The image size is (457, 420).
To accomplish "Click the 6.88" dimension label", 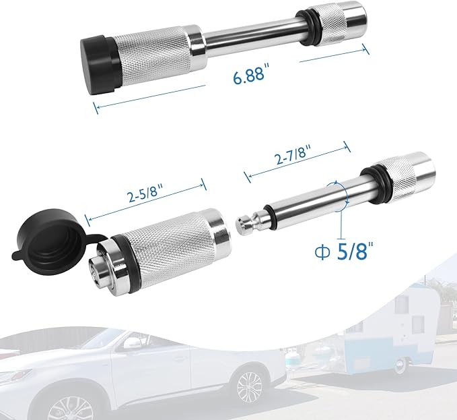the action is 250,74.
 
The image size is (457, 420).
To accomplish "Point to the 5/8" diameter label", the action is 345,249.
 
